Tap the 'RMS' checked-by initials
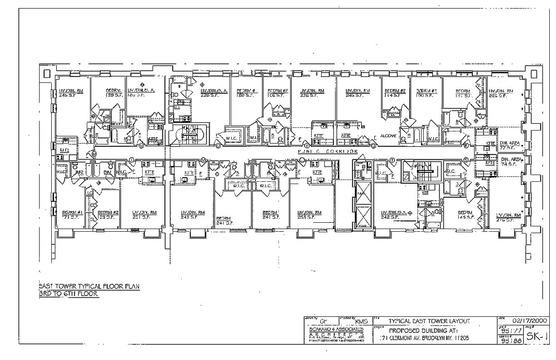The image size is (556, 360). (361, 321)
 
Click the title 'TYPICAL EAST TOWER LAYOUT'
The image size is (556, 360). (429, 321)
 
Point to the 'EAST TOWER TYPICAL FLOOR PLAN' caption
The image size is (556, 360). (89, 286)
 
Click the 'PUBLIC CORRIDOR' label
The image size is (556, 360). (328, 152)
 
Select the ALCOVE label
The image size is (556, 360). (388, 135)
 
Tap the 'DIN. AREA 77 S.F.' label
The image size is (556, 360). (510, 144)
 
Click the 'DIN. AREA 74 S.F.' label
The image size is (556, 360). (510, 162)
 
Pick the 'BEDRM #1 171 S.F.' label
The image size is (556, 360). (72, 214)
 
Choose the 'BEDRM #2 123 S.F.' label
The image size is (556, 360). (108, 214)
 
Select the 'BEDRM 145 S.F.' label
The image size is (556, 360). (465, 215)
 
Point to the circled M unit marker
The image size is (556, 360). (94, 154)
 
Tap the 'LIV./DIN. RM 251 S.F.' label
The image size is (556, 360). (144, 214)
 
